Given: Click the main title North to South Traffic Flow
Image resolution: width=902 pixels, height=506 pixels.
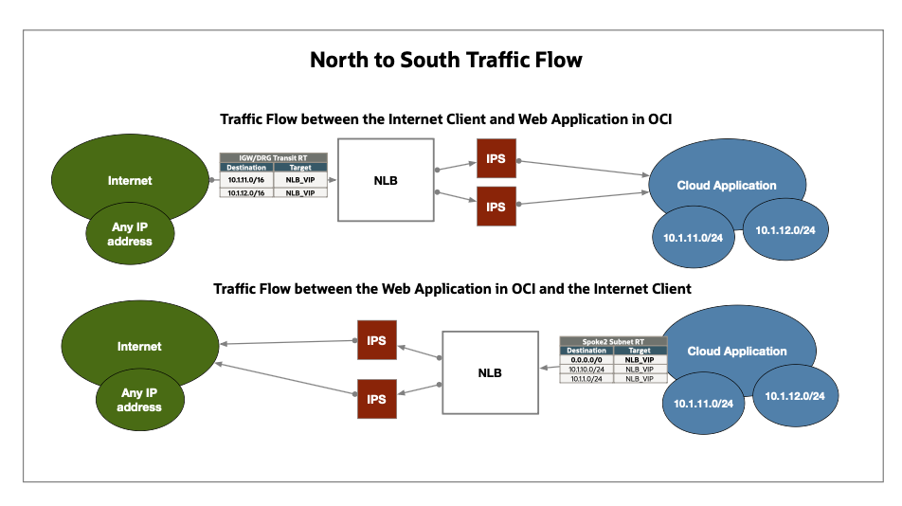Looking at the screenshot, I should tap(446, 61).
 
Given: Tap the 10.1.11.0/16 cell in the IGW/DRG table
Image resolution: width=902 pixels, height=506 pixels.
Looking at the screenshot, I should tap(246, 178).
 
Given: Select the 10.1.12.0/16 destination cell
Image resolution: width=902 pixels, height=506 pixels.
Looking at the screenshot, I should tap(246, 191).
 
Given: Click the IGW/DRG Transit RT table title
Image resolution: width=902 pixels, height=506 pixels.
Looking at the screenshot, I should tap(274, 158).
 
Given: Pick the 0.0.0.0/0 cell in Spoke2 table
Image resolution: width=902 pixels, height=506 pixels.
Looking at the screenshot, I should tap(586, 360).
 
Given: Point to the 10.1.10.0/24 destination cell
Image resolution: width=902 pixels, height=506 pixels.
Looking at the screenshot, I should tap(586, 370).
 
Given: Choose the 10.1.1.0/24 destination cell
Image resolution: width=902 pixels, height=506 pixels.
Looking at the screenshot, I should tap(586, 378).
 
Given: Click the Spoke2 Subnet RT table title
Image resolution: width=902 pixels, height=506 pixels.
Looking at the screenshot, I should tap(613, 341).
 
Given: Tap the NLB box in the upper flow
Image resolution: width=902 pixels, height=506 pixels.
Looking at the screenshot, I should tap(386, 179).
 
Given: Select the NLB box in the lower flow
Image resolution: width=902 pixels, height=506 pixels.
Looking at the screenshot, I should tap(489, 372).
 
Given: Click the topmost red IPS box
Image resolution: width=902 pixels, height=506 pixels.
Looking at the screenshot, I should tap(496, 159).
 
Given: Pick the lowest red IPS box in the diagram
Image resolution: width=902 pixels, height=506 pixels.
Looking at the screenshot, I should tap(376, 399).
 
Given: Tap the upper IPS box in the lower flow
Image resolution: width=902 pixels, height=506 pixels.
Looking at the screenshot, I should tap(376, 341).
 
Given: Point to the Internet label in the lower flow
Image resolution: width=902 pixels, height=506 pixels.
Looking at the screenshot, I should tap(139, 347).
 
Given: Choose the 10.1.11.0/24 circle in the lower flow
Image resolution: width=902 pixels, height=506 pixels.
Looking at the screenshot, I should tap(703, 404).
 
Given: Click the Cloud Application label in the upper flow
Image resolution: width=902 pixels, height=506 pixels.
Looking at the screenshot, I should tap(727, 186).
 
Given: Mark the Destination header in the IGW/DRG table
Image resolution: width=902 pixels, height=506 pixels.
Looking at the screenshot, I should tap(246, 168).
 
